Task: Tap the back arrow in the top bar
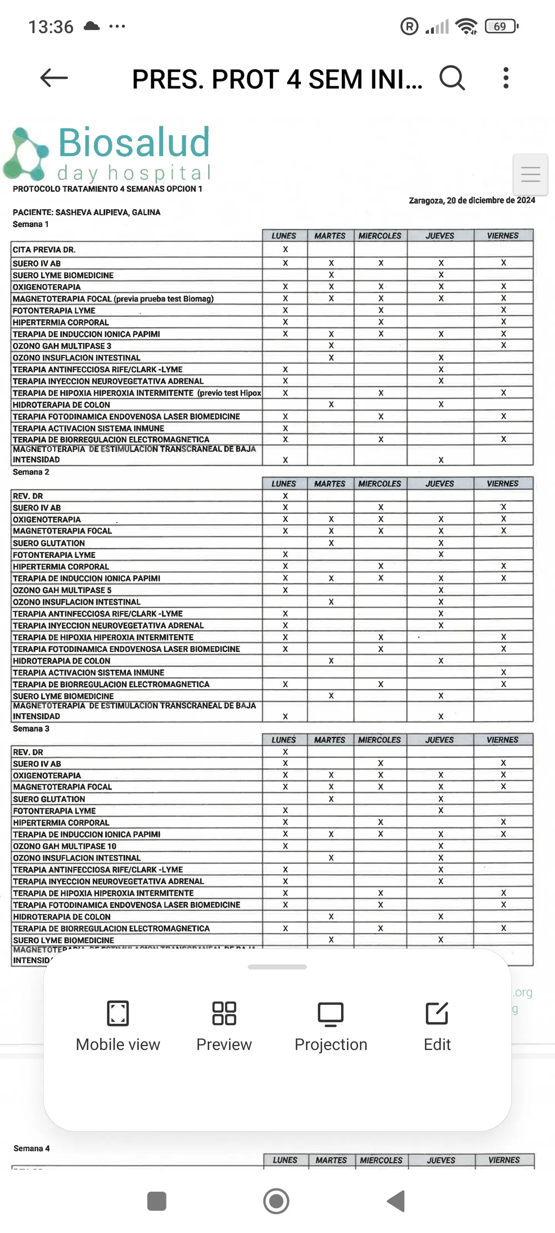(x=54, y=78)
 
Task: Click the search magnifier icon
(x=452, y=78)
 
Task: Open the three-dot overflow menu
(x=506, y=78)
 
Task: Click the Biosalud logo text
(x=134, y=143)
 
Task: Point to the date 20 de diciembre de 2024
(x=472, y=200)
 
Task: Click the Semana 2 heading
(x=31, y=472)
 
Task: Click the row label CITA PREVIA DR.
(x=44, y=250)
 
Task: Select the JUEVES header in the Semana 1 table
(x=440, y=236)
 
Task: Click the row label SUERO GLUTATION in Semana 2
(x=49, y=543)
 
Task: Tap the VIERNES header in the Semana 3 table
(x=502, y=740)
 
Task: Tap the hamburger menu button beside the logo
(x=530, y=174)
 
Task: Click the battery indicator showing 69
(x=501, y=26)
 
